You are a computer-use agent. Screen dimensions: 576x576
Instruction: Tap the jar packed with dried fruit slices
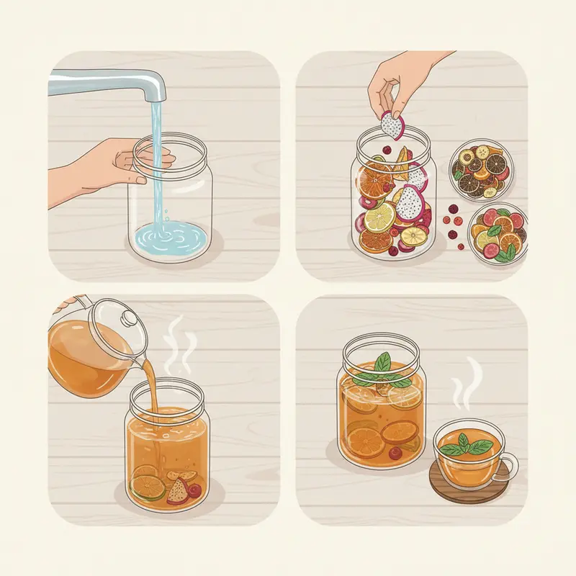click(393, 202)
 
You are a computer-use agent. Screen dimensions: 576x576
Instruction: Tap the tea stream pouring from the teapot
click(152, 403)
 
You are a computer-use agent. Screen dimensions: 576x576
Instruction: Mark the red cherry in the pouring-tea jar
click(195, 490)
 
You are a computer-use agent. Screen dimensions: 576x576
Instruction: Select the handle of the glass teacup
click(510, 461)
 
